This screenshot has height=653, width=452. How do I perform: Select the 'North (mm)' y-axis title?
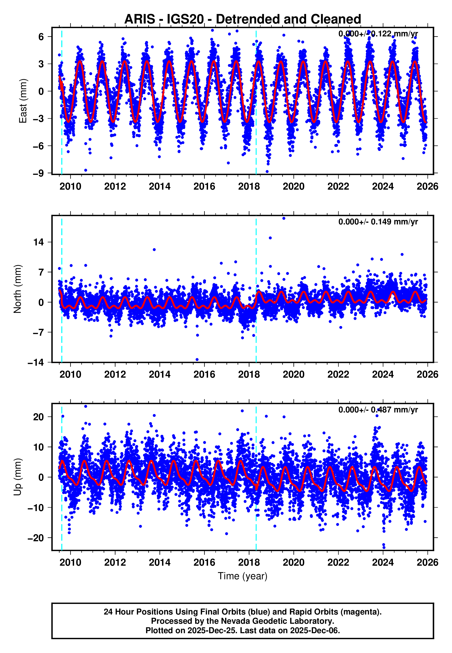coord(17,289)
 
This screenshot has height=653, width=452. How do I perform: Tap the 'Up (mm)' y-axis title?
coord(17,477)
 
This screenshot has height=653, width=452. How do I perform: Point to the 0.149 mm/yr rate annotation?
coord(378,222)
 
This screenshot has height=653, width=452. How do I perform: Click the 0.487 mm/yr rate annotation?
coord(378,410)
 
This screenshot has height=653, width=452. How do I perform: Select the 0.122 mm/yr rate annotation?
coord(378,34)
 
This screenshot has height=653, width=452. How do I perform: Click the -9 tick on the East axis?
coord(38,173)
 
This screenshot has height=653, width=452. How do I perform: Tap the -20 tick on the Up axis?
coord(36,538)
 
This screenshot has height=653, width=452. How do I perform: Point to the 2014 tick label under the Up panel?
coord(159,562)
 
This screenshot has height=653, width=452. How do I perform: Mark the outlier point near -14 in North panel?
coord(197,359)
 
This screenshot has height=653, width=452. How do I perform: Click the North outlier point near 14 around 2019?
coord(270,238)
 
